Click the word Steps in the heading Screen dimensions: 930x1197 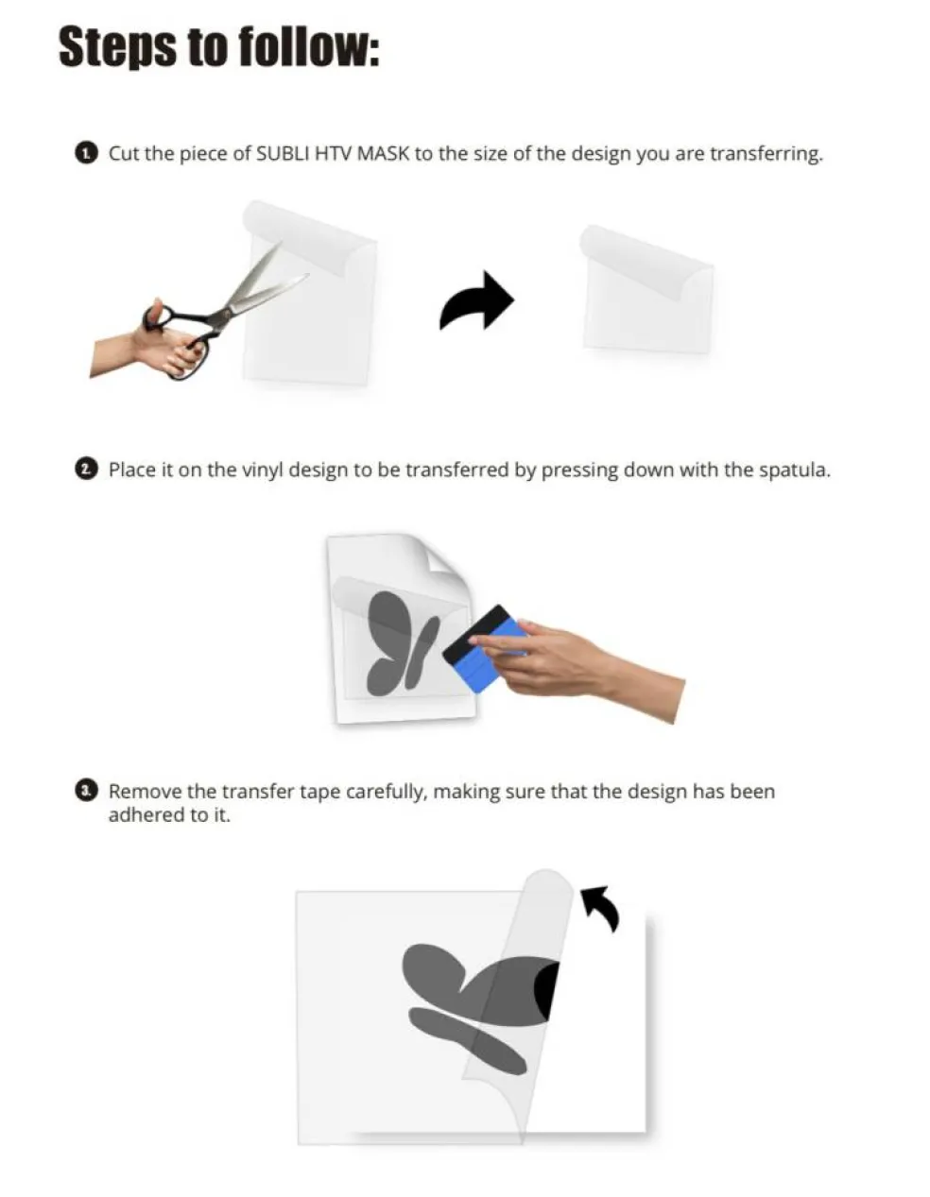tap(118, 47)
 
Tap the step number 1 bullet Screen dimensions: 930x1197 tap(85, 154)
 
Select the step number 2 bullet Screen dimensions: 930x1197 tap(85, 470)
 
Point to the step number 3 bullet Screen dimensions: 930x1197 tap(85, 791)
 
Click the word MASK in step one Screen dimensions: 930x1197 tap(384, 154)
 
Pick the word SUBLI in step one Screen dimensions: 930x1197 tap(283, 154)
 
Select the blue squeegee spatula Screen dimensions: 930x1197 tap(480, 647)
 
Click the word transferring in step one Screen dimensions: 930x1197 tap(766, 154)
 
